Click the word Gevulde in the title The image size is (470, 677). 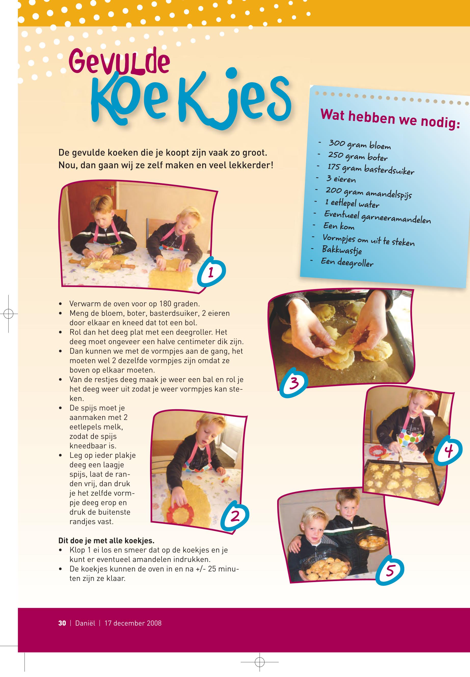click(x=119, y=62)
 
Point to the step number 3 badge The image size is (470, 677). click(x=294, y=383)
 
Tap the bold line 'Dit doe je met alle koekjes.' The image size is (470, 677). click(x=106, y=541)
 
